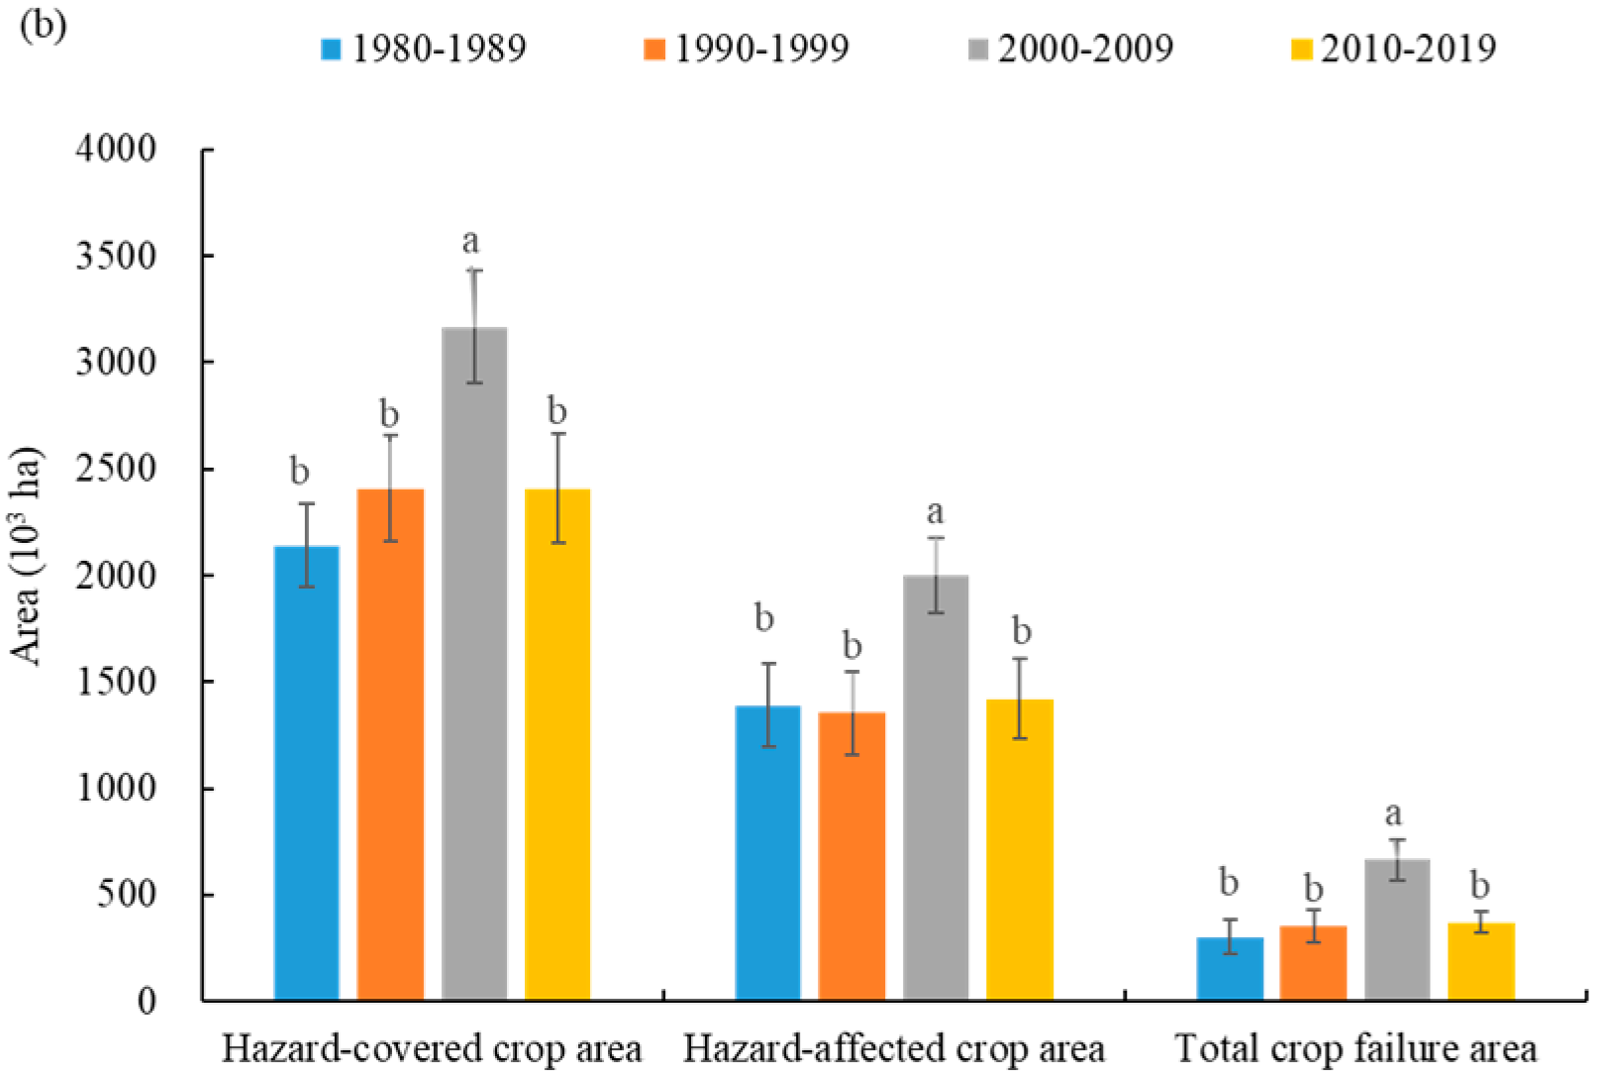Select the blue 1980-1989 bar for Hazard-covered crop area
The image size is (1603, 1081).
(x=307, y=773)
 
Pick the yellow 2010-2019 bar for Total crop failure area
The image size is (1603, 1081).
(x=1481, y=961)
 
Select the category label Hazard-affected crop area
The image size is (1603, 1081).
(x=894, y=1049)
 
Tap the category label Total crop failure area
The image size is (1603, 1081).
(x=1355, y=1049)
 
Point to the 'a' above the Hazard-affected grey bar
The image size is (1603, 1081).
(x=935, y=512)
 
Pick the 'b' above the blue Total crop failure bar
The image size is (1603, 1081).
(x=1229, y=881)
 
